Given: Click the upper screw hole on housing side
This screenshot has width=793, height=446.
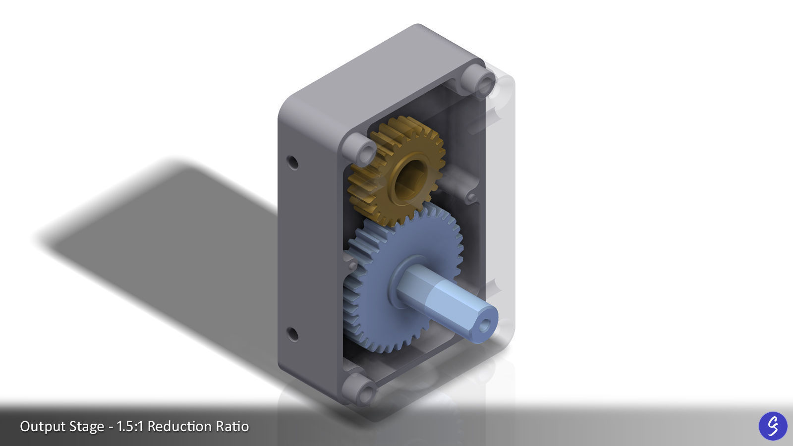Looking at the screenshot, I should (293, 162).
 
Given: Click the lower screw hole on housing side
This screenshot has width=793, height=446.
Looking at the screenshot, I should (293, 334).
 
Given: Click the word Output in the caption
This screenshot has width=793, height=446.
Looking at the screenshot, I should (42, 426).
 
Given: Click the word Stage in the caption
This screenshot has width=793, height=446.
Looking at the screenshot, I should (87, 426).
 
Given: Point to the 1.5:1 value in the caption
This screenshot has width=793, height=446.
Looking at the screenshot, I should (130, 426).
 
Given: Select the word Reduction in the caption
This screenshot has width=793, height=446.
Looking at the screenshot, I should (179, 426).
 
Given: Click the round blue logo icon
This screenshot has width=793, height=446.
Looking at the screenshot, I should (773, 426).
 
